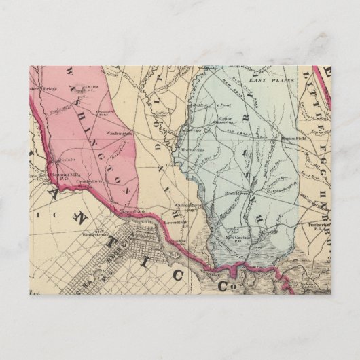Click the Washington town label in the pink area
(118, 134)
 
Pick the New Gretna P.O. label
(239, 238)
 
